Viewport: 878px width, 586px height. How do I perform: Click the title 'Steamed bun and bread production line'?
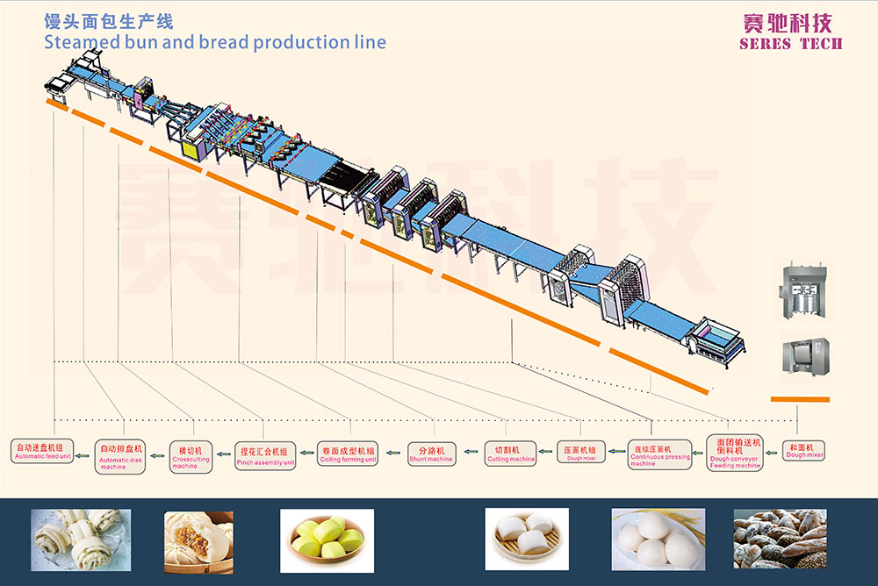(214, 41)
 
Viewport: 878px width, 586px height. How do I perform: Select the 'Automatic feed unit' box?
(42, 450)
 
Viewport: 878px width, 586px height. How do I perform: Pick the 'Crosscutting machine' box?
(191, 456)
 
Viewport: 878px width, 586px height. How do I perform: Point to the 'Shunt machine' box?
(431, 454)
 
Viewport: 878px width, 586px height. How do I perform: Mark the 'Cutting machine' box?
(510, 453)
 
